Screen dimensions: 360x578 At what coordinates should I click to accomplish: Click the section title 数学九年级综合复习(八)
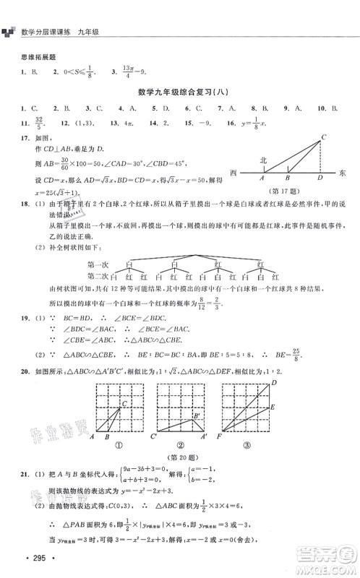[x=179, y=92]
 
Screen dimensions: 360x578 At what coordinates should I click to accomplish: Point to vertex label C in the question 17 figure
[x=325, y=136]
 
